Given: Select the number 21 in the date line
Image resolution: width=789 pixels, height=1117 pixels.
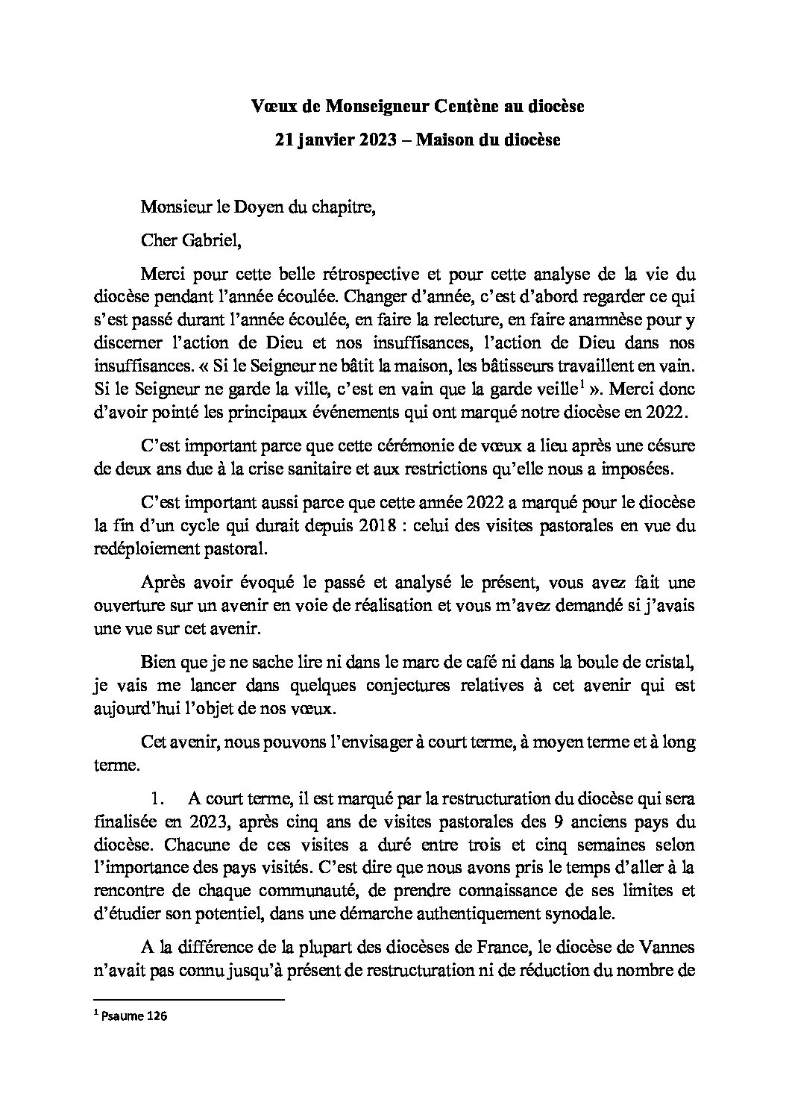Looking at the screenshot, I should (x=279, y=140).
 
